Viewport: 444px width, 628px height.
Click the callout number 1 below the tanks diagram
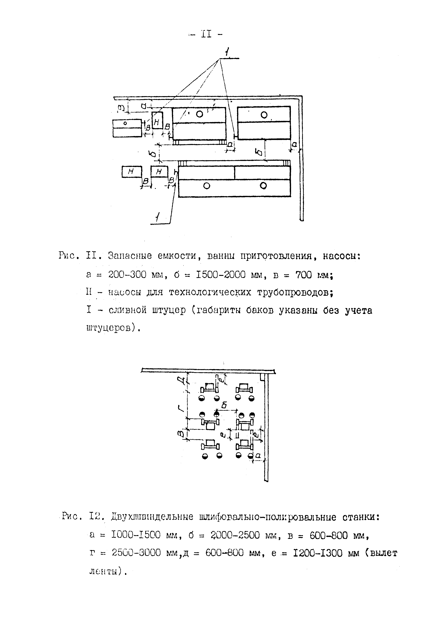tap(157, 218)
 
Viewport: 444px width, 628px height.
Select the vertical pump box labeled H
tap(157, 120)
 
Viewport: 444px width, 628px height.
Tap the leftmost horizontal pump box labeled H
tap(132, 172)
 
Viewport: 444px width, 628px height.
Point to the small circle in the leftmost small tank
tap(125, 123)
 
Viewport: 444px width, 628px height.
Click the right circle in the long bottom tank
tap(263, 186)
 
